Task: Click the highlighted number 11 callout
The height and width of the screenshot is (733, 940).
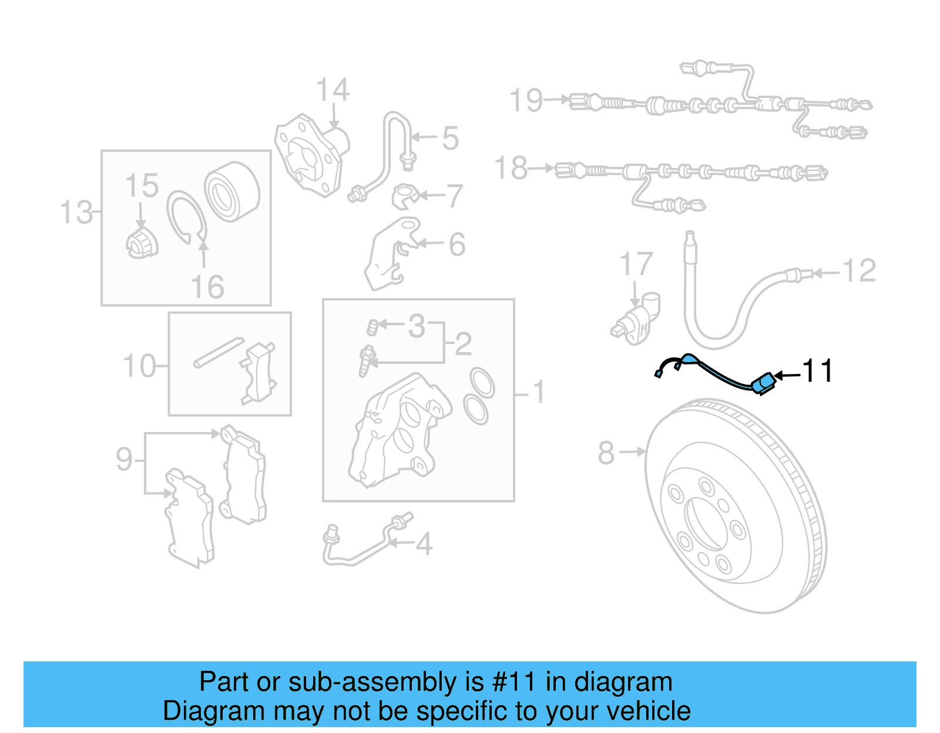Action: click(x=817, y=371)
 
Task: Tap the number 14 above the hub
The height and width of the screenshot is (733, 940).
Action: click(x=333, y=91)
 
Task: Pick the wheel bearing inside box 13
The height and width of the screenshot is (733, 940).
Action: click(x=232, y=191)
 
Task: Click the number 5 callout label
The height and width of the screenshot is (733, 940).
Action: click(x=450, y=139)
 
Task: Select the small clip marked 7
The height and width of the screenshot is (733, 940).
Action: click(x=405, y=197)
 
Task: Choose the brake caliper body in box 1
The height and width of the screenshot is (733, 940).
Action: click(x=399, y=431)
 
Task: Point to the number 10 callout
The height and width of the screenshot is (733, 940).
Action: click(x=139, y=366)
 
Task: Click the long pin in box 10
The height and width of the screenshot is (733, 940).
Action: click(x=219, y=352)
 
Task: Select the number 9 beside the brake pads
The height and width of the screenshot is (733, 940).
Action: click(x=124, y=459)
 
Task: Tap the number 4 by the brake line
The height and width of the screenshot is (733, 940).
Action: click(x=424, y=544)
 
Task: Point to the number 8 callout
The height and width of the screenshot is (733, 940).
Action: click(x=606, y=453)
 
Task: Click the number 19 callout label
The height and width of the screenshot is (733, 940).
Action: click(x=526, y=100)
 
